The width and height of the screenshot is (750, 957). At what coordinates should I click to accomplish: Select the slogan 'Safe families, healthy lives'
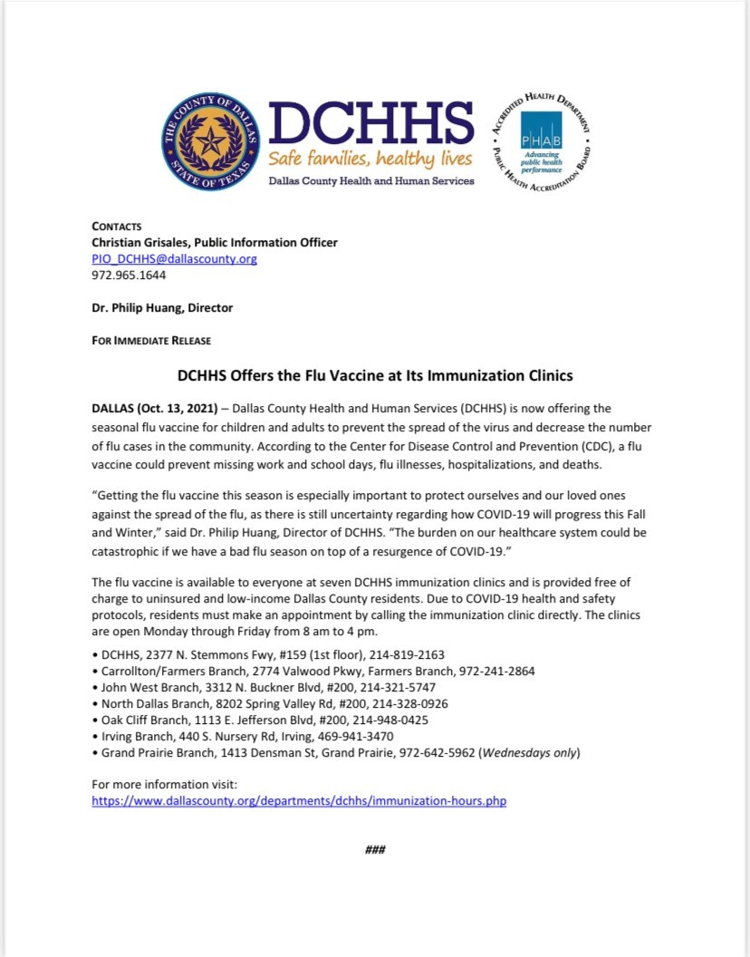click(x=369, y=159)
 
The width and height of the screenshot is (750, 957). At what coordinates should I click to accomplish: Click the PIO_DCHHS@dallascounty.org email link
click(x=175, y=258)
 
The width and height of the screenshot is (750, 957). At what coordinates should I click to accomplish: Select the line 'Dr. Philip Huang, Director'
click(x=162, y=307)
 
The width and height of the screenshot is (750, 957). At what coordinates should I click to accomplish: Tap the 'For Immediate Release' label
click(x=151, y=341)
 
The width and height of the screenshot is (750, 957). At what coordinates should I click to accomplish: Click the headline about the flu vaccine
click(x=375, y=374)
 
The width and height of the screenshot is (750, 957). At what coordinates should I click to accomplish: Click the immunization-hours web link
click(x=299, y=801)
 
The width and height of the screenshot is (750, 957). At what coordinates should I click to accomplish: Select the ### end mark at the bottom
click(x=376, y=849)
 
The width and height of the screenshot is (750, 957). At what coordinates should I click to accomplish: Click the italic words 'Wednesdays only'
click(x=538, y=752)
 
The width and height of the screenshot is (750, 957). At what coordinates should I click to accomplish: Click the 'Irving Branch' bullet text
click(x=134, y=736)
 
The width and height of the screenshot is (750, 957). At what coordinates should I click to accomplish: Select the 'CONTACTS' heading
click(x=117, y=226)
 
